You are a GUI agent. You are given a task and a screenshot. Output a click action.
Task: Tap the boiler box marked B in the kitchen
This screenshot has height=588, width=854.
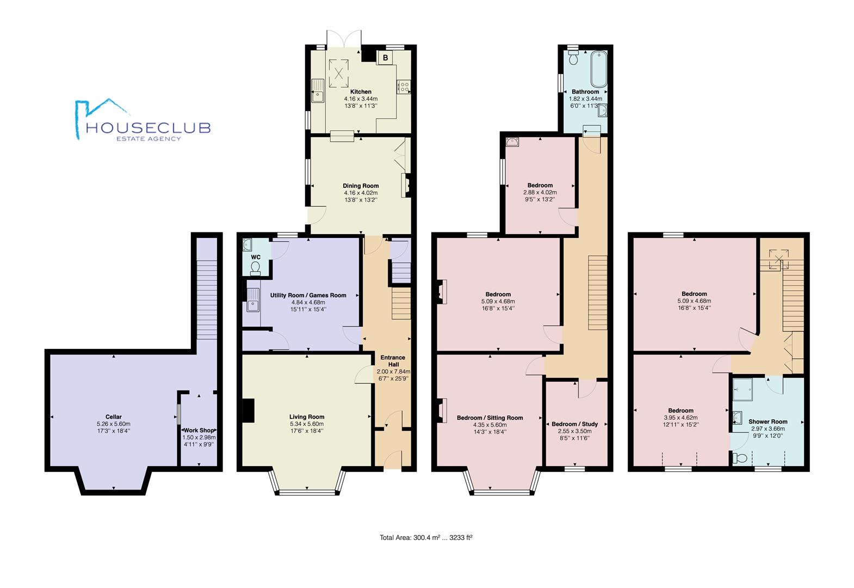click(x=386, y=58)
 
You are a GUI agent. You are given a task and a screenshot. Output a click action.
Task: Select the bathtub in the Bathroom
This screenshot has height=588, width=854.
click(x=599, y=69)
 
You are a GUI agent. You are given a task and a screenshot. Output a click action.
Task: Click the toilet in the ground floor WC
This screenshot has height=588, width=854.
click(x=255, y=268)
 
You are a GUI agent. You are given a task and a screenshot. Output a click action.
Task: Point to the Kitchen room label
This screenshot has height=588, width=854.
click(x=361, y=91)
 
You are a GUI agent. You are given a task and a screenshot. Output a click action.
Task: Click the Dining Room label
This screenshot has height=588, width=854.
click(x=361, y=186)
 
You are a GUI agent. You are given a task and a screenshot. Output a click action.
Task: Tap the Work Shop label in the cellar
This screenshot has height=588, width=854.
click(x=199, y=431)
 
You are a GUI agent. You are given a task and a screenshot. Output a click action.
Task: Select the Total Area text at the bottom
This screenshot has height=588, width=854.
click(x=426, y=537)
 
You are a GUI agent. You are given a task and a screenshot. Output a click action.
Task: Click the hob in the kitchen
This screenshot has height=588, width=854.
click(x=404, y=86)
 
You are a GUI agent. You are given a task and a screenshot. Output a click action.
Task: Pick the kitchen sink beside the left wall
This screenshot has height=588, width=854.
click(x=317, y=91)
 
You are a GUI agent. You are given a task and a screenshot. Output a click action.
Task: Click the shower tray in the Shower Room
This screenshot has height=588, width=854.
click(x=742, y=390)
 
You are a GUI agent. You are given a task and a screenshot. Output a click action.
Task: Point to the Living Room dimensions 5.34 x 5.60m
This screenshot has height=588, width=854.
click(x=307, y=424)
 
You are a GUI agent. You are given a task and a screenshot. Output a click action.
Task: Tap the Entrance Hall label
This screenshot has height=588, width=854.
click(x=393, y=361)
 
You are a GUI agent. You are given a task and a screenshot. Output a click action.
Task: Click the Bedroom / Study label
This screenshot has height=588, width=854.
click(x=574, y=424)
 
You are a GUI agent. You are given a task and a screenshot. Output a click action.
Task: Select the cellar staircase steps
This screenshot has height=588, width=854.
click(x=207, y=299)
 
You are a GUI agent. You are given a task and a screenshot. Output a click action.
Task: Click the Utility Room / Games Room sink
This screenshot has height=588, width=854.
click(x=252, y=300)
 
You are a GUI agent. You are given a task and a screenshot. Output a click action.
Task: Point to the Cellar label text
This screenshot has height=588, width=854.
click(x=114, y=417)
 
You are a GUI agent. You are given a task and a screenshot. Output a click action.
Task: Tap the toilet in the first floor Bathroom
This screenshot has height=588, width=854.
click(x=573, y=57)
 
